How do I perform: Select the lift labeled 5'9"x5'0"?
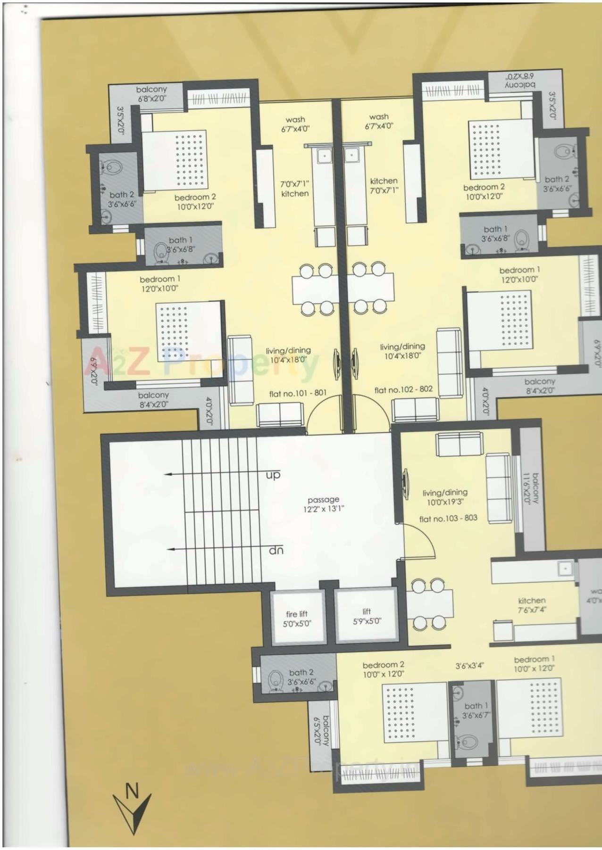[x=367, y=616]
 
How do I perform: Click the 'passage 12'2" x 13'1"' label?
[x=323, y=504]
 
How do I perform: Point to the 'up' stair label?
[x=273, y=475]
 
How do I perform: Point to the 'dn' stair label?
[x=276, y=550]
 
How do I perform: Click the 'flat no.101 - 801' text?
[x=298, y=393]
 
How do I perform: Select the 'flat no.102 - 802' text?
[x=403, y=390]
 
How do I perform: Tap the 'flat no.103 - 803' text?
[x=448, y=518]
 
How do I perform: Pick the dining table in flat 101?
[x=315, y=289]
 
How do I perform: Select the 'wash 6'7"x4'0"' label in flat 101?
[x=295, y=124]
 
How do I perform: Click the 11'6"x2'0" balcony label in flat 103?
[x=534, y=488]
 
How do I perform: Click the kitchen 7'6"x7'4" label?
[x=532, y=605]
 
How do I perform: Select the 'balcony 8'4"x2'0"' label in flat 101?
[x=153, y=399]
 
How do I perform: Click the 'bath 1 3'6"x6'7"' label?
[x=476, y=710]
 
